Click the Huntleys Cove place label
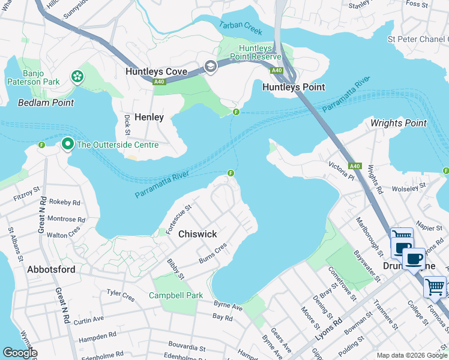156,71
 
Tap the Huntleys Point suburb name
294,87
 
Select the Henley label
149,117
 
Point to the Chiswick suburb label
197,234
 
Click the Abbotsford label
52,269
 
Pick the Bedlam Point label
46,103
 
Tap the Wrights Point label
398,123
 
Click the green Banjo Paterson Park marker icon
77,76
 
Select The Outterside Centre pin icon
68,144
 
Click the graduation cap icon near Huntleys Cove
210,67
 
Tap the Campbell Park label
176,295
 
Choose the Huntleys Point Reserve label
259,52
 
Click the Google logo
20,353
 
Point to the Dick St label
127,124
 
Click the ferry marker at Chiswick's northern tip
231,173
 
